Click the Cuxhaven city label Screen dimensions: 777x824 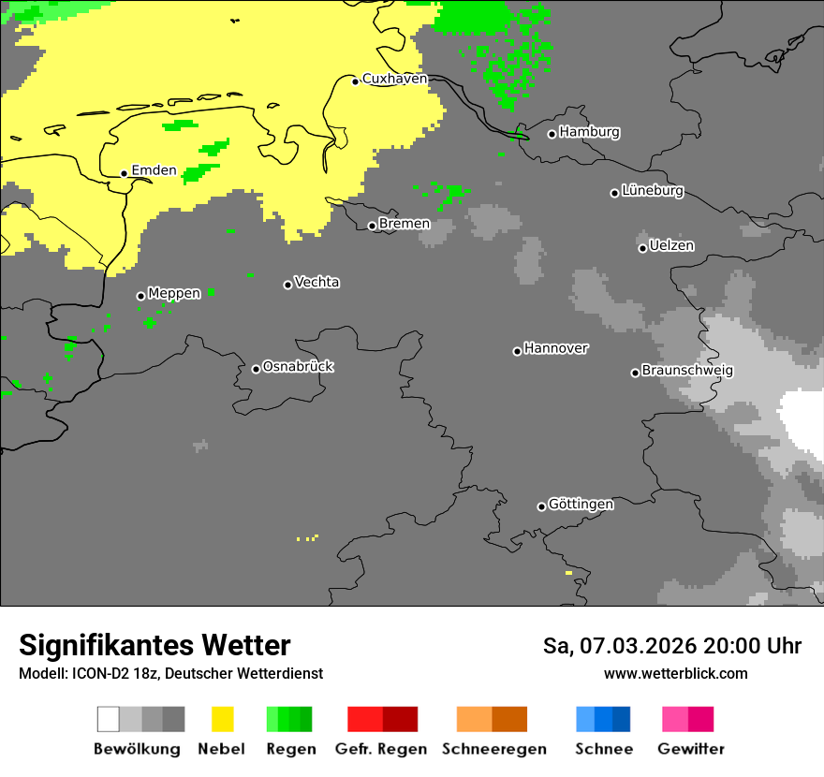coord(394,79)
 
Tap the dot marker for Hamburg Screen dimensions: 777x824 coord(552,134)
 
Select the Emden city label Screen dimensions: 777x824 coord(154,170)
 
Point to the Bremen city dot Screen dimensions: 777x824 coord(372,226)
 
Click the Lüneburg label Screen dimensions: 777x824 coord(653,191)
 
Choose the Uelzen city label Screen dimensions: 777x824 coord(671,246)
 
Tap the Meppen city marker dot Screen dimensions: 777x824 coord(140,296)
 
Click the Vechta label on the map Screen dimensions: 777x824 coord(316,282)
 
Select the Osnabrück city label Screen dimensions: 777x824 coord(298,366)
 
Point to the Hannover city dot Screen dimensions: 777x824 coord(517,351)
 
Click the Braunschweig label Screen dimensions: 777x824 coord(687,371)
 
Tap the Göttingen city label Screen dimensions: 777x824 coord(581,505)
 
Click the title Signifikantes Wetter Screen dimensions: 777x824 coord(154,645)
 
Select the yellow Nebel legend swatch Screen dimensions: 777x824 coord(223,719)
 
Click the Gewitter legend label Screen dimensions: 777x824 coord(691,749)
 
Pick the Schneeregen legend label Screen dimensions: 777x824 coord(494,749)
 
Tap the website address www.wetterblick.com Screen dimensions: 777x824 coord(675,673)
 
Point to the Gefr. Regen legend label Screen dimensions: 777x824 coord(381,749)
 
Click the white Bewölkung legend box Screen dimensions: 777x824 coord(109,719)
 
